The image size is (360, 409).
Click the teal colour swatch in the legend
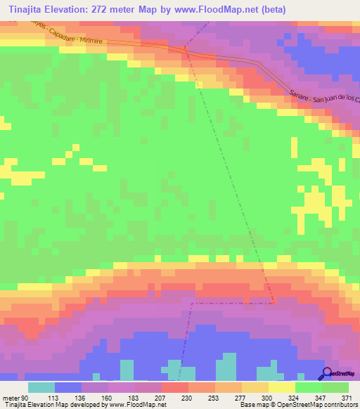coord(41,387)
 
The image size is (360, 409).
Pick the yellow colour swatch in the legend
coord(282,387)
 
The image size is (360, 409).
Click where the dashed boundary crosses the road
coord(186,48)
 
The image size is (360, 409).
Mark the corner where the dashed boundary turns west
coord(273,303)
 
